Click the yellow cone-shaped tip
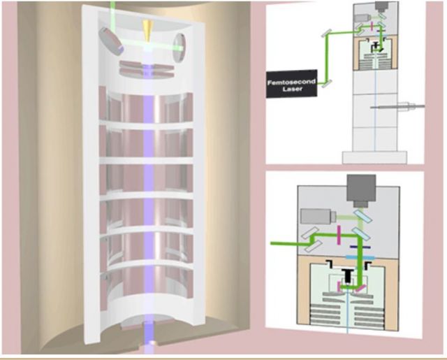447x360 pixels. pyautogui.click(x=148, y=31)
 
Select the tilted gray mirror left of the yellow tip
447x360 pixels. pyautogui.click(x=111, y=41)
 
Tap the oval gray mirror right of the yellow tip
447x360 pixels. pyautogui.click(x=179, y=48)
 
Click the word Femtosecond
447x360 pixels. pyautogui.click(x=291, y=82)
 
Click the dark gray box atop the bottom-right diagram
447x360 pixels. pyautogui.click(x=361, y=191)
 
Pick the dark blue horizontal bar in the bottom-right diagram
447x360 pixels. pyautogui.click(x=360, y=247)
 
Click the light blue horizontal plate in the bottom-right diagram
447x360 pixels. pyautogui.click(x=360, y=257)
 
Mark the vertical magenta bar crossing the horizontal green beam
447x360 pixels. pyautogui.click(x=339, y=235)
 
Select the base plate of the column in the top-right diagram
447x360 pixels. pyautogui.click(x=374, y=157)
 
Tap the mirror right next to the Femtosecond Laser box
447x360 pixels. pyautogui.click(x=327, y=84)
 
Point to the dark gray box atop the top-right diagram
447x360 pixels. pyautogui.click(x=382, y=6)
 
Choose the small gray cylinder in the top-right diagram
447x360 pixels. pyautogui.click(x=363, y=18)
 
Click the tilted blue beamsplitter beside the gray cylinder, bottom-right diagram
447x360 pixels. pyautogui.click(x=362, y=216)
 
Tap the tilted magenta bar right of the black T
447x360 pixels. pyautogui.click(x=360, y=289)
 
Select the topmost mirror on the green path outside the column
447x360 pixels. pyautogui.click(x=327, y=34)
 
